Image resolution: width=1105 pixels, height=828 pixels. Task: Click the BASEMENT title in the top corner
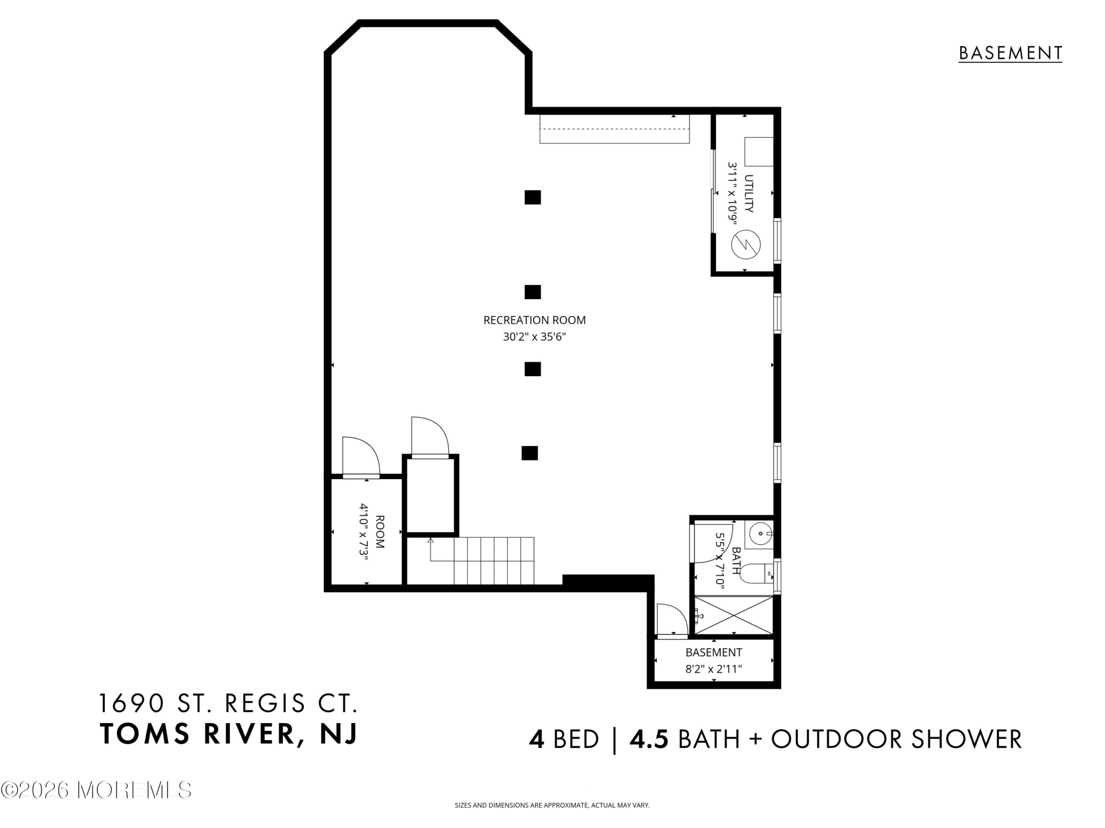point(1010,53)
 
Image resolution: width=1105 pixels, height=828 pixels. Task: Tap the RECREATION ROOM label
point(534,320)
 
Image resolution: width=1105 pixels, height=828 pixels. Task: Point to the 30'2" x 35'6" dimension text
point(534,337)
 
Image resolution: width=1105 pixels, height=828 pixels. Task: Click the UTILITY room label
point(749,194)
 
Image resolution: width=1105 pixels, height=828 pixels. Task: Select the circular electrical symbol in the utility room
point(746,245)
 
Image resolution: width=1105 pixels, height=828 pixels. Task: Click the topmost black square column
point(533,198)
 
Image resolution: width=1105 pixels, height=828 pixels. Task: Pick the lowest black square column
point(530,453)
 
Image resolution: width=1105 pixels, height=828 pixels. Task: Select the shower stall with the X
point(734,615)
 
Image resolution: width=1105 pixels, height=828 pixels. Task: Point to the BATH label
point(736,561)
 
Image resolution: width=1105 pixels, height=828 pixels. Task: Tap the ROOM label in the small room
point(380,532)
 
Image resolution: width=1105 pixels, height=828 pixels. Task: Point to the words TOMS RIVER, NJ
point(229,734)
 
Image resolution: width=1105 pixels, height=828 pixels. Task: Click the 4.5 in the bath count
point(649,739)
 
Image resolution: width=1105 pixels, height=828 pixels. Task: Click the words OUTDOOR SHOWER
point(896,739)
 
